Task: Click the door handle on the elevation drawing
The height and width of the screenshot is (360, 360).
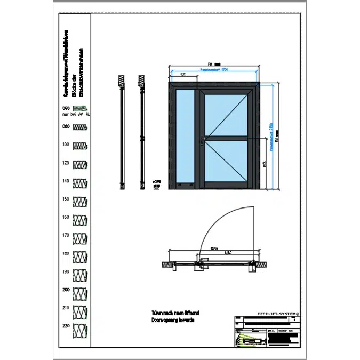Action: [x=202, y=140]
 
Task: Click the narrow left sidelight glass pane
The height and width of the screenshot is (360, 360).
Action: [x=185, y=139]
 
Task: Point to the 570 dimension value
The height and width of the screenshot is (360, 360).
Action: [x=183, y=75]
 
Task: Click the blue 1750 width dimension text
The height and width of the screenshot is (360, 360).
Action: [x=214, y=70]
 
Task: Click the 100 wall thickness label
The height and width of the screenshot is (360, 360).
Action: [x=66, y=145]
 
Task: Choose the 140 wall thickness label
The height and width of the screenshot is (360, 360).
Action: [x=66, y=181]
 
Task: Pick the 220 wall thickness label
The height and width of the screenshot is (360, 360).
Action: [x=66, y=326]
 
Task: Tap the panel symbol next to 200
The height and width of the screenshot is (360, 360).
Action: [x=79, y=291]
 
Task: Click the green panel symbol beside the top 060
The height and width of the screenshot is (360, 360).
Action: [x=80, y=108]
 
